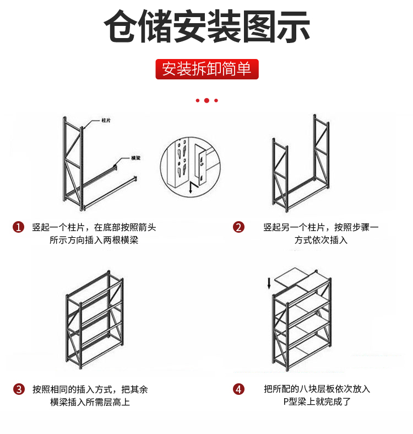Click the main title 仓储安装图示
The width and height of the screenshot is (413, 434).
click(x=207, y=26)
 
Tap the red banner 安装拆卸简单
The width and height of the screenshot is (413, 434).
click(x=206, y=69)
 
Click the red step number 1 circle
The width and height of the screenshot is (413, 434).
click(x=19, y=227)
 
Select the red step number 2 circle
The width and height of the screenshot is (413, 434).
click(x=238, y=227)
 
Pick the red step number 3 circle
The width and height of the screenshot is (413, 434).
click(x=19, y=389)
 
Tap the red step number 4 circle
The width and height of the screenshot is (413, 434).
click(x=238, y=389)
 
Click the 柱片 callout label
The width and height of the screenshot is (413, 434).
click(x=107, y=120)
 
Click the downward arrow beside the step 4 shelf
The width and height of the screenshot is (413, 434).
click(x=269, y=283)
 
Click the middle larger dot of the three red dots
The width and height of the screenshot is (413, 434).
click(x=206, y=100)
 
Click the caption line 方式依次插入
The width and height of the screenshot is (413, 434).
click(x=320, y=240)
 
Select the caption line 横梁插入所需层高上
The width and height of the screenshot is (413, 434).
click(x=90, y=403)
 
